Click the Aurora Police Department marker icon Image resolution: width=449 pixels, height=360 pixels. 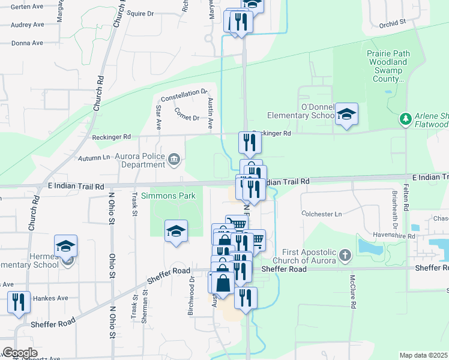pyautogui.click(x=173, y=159)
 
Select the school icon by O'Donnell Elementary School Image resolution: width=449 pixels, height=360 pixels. pyautogui.click(x=346, y=114)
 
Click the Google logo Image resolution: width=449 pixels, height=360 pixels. pyautogui.click(x=20, y=353)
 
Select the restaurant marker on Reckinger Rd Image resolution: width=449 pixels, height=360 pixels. pyautogui.click(x=249, y=142)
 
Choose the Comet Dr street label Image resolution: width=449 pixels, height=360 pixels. pyautogui.click(x=186, y=113)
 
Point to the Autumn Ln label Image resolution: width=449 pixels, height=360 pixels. pyautogui.click(x=94, y=158)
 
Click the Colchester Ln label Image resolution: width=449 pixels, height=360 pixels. pyautogui.click(x=321, y=214)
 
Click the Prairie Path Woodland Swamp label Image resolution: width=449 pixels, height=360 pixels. pyautogui.click(x=388, y=66)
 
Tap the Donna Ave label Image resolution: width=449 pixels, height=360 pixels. pyautogui.click(x=27, y=43)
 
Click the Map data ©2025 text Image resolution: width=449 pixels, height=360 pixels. pyautogui.click(x=423, y=355)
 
